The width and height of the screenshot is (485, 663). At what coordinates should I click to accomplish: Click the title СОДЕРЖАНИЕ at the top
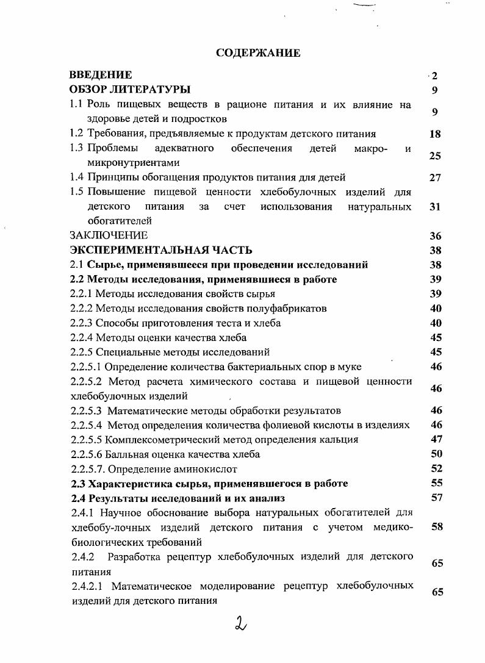coord(258,53)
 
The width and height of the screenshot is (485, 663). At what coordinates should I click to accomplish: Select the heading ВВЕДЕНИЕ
coord(101,76)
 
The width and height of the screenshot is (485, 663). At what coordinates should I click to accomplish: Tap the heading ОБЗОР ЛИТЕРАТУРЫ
coord(130,90)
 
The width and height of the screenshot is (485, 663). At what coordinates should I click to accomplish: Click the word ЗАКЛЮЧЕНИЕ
coord(109,235)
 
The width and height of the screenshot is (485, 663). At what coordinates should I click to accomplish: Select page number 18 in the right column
coord(434,134)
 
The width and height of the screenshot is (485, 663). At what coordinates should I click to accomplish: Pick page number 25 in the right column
coord(434,156)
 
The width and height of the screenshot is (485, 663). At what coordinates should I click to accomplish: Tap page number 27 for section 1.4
coord(434,178)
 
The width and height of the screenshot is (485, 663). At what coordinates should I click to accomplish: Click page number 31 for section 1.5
coord(434,207)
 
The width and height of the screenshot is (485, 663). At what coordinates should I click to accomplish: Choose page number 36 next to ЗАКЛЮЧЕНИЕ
coord(434,236)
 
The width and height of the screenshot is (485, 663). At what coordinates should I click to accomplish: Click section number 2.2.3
coord(82,323)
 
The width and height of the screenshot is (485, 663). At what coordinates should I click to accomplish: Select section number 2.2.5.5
coord(86,440)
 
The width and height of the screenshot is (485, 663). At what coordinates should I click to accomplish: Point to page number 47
coord(436,440)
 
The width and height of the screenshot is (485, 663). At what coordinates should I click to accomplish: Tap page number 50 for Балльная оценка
coord(436,454)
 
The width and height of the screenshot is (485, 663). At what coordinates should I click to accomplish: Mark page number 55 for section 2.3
coord(436,484)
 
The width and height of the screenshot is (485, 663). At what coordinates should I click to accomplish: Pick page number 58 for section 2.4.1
coord(437,527)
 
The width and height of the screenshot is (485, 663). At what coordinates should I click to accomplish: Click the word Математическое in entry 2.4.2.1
coord(152,586)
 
